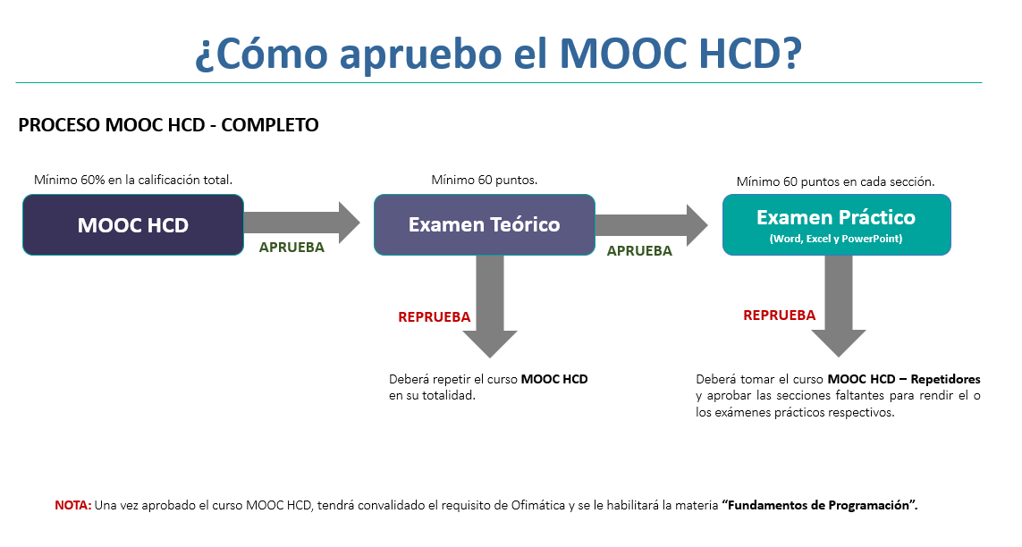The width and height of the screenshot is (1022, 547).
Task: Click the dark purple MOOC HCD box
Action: coord(133,224)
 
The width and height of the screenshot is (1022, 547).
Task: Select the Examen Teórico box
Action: coord(485,224)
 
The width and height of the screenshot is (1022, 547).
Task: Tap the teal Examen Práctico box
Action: coord(836,224)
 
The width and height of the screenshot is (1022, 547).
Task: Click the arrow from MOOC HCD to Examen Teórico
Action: coord(302,223)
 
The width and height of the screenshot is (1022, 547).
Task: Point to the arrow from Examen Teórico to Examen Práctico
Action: coord(651,225)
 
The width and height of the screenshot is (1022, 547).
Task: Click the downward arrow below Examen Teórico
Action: coord(490,306)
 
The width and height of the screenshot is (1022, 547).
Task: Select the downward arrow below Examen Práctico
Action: coord(839,306)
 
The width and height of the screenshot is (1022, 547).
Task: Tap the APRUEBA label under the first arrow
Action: coord(291,248)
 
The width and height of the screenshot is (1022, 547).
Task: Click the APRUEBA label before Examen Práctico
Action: coord(639,251)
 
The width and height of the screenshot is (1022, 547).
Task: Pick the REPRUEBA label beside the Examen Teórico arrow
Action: coord(434,317)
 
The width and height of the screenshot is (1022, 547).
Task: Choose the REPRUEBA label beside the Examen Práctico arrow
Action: coord(780,316)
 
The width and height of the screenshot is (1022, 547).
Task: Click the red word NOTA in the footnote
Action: coord(73,505)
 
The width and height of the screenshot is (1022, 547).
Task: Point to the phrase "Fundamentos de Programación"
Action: coord(819,505)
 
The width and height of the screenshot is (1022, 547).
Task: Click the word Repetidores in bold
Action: coord(945,379)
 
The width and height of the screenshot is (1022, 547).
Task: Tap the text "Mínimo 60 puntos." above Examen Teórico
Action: coord(485,180)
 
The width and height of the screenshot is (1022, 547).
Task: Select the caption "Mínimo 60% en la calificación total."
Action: coord(133,180)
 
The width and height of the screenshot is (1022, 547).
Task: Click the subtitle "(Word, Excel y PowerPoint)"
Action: coord(836,239)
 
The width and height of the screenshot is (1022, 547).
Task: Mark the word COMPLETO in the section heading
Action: coord(270,125)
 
